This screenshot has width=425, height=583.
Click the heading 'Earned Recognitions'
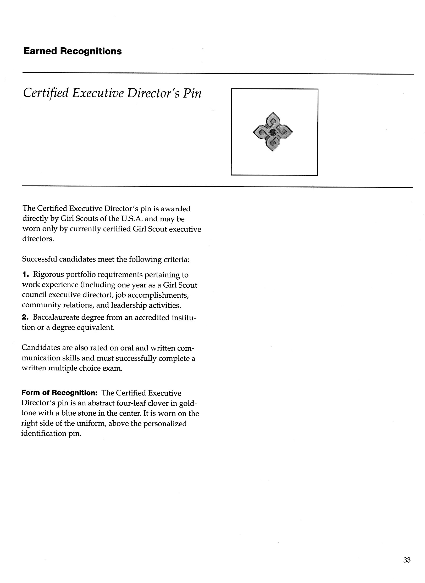73,51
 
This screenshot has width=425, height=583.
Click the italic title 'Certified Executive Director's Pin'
112,93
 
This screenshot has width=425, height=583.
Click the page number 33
407,560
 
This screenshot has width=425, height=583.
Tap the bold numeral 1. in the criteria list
25,275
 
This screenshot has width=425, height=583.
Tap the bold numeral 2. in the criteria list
25,318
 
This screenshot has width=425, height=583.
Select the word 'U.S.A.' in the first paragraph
130,219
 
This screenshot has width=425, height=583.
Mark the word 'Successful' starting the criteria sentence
40,260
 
